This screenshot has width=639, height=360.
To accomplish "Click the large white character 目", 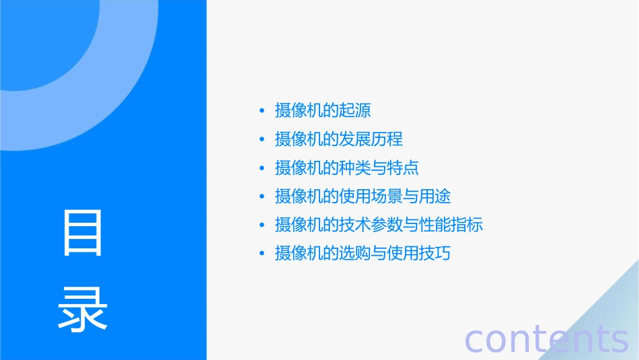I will click(83, 233).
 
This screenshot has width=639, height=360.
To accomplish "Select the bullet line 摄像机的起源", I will click(323, 110).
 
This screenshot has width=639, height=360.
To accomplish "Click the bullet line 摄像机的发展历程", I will click(339, 139).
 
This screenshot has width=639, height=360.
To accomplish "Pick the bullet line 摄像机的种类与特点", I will click(347, 168).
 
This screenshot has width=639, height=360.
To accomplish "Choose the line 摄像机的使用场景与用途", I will click(363, 196).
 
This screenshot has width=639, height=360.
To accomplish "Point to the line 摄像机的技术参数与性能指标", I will click(379, 225).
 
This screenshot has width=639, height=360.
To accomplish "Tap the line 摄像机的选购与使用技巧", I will click(363, 254).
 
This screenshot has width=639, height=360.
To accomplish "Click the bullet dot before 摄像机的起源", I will click(262, 110).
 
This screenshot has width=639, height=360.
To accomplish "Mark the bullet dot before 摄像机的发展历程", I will click(262, 139).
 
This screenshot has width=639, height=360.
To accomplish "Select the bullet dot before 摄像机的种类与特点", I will click(262, 168).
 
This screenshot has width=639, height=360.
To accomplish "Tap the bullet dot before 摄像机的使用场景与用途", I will click(262, 196).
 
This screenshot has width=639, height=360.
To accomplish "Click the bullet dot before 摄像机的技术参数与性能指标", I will click(262, 225).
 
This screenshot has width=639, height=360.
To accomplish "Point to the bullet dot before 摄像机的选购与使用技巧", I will click(262, 254).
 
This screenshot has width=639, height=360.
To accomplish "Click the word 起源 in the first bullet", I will click(355, 110).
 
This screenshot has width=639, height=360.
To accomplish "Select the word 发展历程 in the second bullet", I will click(371, 139).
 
